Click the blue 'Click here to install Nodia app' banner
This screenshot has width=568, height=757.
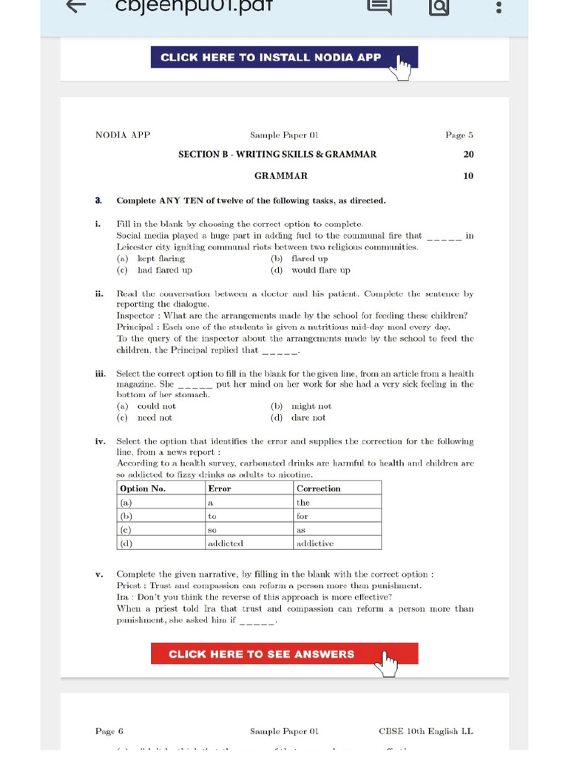tap(284, 58)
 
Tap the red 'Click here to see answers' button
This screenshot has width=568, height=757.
tap(284, 654)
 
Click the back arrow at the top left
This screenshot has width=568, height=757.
tap(76, 7)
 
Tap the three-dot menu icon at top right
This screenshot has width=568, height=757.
tap(499, 7)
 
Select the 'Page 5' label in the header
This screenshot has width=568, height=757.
tap(459, 135)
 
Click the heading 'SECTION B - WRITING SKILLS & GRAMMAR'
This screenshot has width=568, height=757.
tap(277, 155)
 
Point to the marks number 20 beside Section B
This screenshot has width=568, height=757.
tap(468, 155)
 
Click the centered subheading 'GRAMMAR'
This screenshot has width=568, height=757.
tap(281, 176)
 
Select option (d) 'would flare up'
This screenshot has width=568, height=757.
tap(319, 271)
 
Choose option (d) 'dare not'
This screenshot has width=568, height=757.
tap(307, 418)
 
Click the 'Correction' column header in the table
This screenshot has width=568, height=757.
tap(319, 489)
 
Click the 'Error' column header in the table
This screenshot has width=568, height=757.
tap(220, 489)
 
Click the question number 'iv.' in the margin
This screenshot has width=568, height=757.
tap(101, 441)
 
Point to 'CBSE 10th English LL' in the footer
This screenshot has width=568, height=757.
tap(425, 731)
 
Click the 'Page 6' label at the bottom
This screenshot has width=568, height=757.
tap(109, 731)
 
